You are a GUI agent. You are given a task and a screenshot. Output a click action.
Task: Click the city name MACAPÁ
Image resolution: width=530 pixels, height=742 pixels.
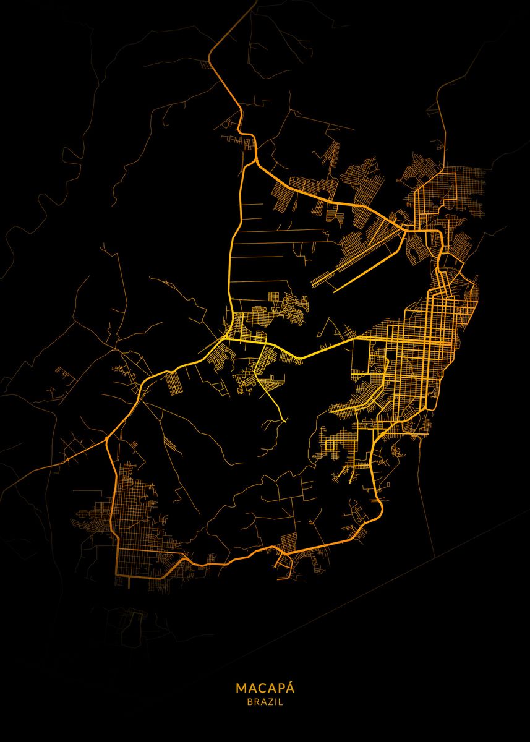pyautogui.click(x=265, y=688)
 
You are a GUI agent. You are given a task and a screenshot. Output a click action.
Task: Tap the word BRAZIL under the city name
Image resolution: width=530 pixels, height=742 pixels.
pyautogui.click(x=265, y=702)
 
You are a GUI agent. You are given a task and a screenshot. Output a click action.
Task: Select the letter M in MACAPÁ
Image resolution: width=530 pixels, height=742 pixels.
pyautogui.click(x=240, y=688)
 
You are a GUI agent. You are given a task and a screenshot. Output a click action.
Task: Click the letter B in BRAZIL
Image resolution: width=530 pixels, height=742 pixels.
pyautogui.click(x=249, y=702)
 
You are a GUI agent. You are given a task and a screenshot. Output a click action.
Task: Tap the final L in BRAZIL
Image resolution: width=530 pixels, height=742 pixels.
pyautogui.click(x=281, y=702)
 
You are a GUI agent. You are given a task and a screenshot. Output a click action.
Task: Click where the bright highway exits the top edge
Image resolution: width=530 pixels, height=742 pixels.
pyautogui.click(x=255, y=2)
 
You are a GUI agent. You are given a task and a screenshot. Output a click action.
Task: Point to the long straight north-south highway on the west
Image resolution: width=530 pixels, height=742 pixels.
pyautogui.click(x=234, y=247)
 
